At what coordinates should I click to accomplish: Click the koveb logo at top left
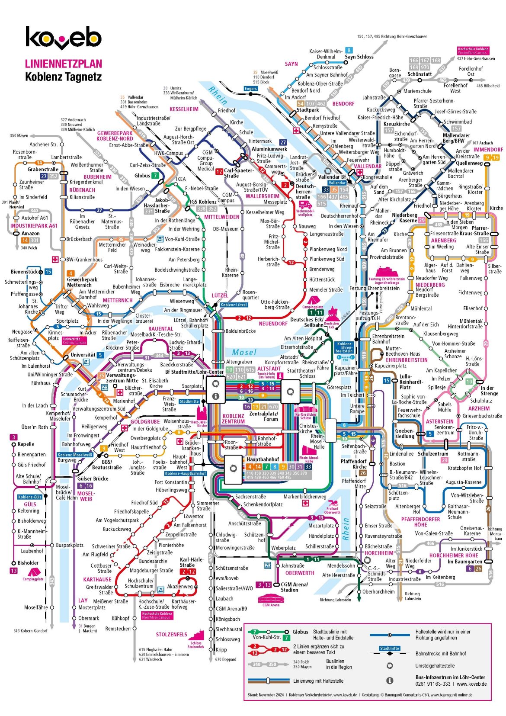63,38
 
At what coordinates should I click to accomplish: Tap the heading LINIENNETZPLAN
63,64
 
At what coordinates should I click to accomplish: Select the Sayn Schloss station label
359,57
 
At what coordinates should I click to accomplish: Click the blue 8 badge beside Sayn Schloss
349,50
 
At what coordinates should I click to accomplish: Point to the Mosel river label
244,353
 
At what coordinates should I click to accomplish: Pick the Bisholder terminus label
28,563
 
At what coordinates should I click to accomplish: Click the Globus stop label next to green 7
142,176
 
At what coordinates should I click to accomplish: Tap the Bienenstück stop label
24,272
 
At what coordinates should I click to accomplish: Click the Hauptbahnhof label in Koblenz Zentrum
263,459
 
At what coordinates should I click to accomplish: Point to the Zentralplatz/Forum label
263,416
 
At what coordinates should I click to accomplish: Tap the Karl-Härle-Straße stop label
192,562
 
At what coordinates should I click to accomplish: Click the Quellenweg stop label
469,163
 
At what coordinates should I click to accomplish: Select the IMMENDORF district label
488,150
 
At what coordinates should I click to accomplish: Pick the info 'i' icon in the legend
390,681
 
